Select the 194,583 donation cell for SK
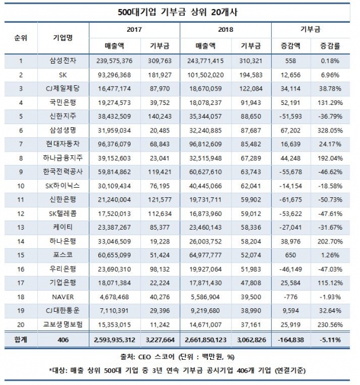point(252,76)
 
